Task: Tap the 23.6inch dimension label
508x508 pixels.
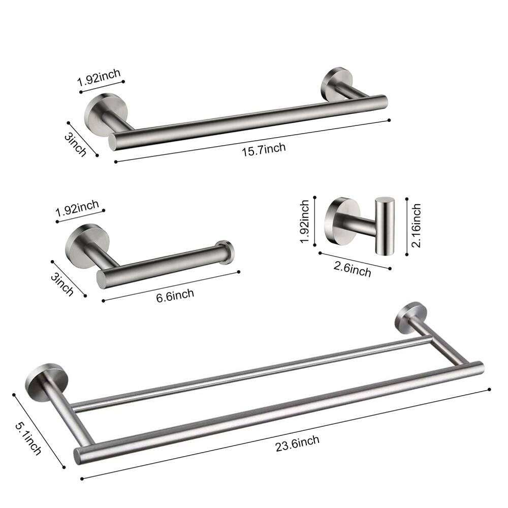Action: pyautogui.click(x=298, y=442)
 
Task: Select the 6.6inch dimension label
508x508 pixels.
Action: pyautogui.click(x=175, y=295)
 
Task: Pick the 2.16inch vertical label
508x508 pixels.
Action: pyautogui.click(x=416, y=226)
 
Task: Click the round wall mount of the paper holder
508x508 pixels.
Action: pyautogui.click(x=81, y=243)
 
